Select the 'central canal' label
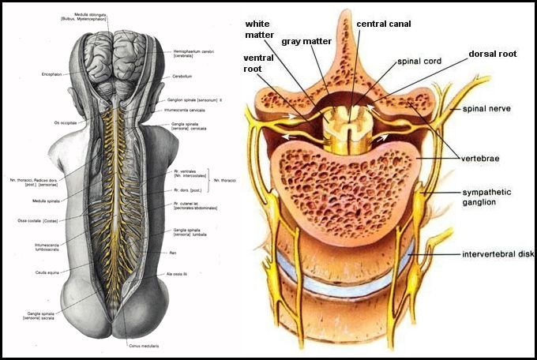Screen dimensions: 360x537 click(383, 24)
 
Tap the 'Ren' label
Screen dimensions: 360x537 click(185, 253)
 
